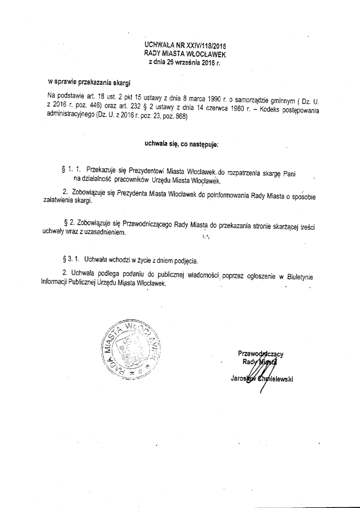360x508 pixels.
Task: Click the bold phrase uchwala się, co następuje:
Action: click(181, 144)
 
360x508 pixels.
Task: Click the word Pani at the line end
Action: click(291, 172)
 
